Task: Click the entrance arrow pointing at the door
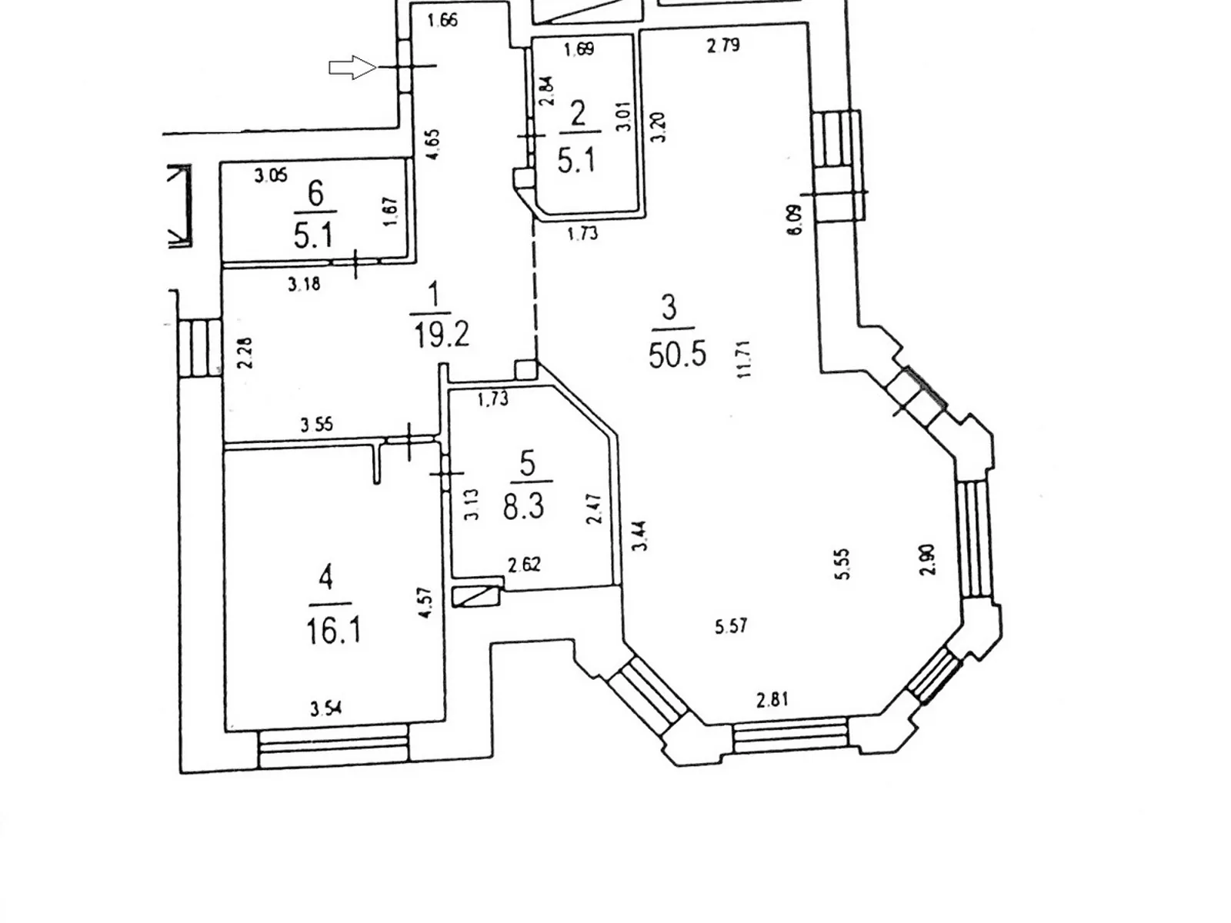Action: (352, 68)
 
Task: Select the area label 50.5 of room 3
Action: (677, 355)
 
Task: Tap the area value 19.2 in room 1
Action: (441, 335)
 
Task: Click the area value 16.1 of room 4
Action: (332, 631)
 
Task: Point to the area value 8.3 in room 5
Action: (524, 507)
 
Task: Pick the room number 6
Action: (315, 193)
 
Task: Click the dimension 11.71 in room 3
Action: (744, 359)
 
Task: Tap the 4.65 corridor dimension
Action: (433, 144)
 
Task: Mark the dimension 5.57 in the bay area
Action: (731, 626)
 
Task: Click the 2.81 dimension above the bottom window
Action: (772, 700)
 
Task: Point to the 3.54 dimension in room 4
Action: (326, 708)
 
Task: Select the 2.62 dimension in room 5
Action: (524, 565)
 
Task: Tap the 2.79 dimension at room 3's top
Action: (723, 45)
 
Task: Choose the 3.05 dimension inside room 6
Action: (271, 176)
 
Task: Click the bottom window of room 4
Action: (333, 749)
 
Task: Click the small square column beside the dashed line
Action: (526, 370)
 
